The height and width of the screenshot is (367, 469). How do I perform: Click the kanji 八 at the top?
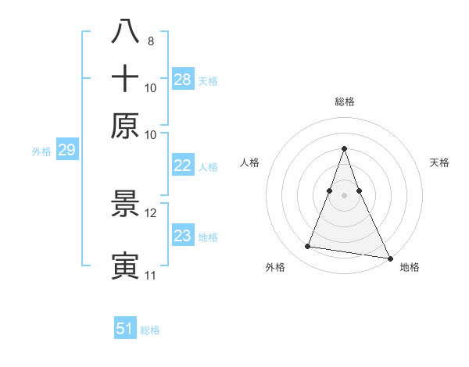(x=125, y=32)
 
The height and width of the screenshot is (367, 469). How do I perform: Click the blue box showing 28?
(x=183, y=79)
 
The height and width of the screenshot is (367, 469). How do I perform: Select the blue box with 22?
(x=183, y=166)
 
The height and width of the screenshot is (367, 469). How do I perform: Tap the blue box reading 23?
(x=183, y=236)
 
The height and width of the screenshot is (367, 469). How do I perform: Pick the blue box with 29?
(x=66, y=151)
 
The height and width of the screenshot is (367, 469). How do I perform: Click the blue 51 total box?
(x=125, y=329)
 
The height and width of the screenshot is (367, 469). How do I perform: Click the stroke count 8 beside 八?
(x=150, y=40)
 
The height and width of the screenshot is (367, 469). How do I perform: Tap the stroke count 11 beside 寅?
(x=150, y=275)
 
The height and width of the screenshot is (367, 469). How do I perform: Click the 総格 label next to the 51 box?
(x=150, y=330)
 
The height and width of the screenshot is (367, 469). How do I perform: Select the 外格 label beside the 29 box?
(x=41, y=151)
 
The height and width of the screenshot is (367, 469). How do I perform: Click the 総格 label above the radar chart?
(x=344, y=102)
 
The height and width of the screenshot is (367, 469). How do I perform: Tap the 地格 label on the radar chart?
(x=410, y=268)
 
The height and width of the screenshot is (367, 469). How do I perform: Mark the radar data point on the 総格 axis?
(x=344, y=148)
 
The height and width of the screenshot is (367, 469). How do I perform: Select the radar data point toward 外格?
(x=308, y=247)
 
